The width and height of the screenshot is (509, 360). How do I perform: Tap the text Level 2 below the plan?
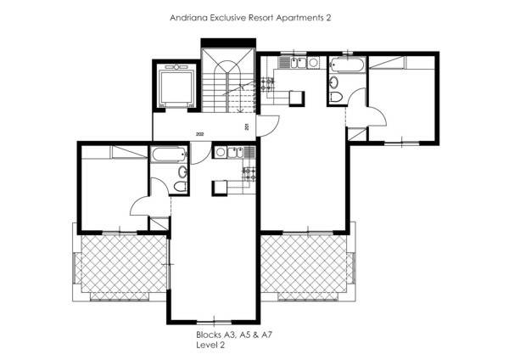[x=210, y=345]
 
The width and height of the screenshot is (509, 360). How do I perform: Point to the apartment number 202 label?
[x=199, y=134]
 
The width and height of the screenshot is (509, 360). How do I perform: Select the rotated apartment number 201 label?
[x=247, y=127]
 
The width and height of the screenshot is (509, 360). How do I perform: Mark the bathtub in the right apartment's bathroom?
[x=347, y=65]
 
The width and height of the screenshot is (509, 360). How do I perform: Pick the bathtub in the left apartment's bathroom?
[x=169, y=155]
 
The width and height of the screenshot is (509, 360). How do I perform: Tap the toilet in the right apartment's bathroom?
[x=335, y=97]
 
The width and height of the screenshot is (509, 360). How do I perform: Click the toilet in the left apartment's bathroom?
[x=181, y=187]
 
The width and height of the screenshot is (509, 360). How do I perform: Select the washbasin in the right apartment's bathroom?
[x=333, y=82]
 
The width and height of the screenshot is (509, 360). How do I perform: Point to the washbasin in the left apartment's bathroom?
[x=182, y=172]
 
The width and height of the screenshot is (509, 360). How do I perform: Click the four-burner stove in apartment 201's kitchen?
[x=267, y=83]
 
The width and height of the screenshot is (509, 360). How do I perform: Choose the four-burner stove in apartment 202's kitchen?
[x=249, y=173]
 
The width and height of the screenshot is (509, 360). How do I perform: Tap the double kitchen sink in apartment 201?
[x=298, y=62]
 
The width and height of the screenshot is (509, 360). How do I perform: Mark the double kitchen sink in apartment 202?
[x=235, y=152]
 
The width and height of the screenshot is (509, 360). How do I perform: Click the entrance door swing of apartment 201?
[x=268, y=126]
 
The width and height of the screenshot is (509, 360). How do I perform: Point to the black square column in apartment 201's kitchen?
[x=297, y=98]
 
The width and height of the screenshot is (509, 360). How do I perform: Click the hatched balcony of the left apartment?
[x=123, y=263]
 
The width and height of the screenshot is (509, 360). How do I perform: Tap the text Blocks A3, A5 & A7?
[x=234, y=335]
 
